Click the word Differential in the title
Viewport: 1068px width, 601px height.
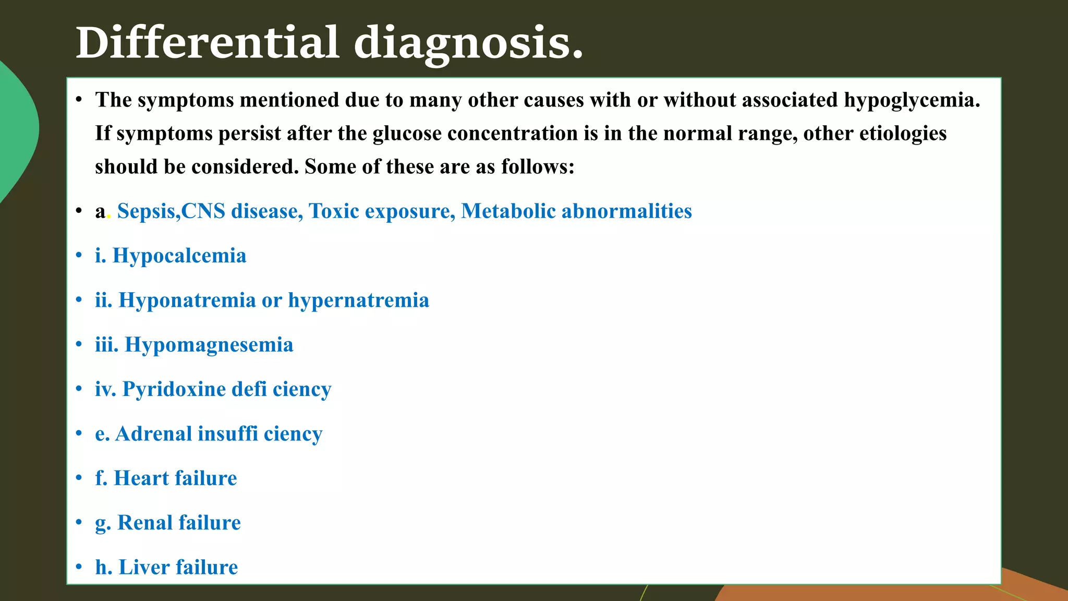coord(208,43)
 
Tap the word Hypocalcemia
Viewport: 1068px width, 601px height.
coord(179,256)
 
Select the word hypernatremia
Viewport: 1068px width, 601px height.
coord(358,300)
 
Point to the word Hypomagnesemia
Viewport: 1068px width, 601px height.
coord(209,345)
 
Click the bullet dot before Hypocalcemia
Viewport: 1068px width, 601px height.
coord(79,256)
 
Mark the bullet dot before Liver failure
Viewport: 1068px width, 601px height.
coord(79,567)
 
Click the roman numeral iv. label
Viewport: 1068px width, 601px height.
coord(105,389)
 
